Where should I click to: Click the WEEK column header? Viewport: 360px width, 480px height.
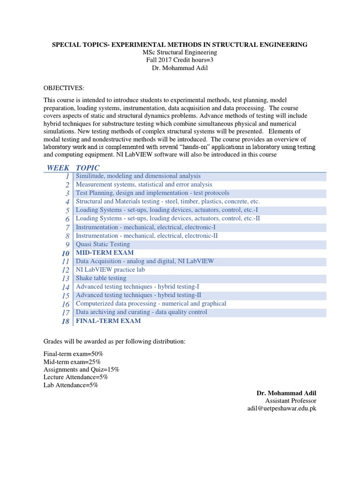(58, 168)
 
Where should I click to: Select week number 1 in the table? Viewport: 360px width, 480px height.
(67, 176)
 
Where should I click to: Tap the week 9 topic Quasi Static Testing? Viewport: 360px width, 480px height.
(103, 244)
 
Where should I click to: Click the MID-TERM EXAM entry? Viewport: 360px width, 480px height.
(105, 253)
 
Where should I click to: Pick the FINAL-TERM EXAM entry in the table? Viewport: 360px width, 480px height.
(108, 321)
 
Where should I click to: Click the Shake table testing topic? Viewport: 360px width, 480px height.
(101, 278)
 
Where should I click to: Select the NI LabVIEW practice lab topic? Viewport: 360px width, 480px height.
(110, 270)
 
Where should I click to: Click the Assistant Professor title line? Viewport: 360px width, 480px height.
(291, 400)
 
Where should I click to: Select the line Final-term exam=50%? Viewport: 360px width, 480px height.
(73, 353)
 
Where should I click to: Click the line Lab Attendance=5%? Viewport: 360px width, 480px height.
(71, 385)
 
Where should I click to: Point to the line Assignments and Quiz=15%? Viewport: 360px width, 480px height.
(81, 369)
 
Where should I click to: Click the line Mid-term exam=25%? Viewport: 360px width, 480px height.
(72, 361)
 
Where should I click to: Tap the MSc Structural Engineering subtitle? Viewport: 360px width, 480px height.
(180, 52)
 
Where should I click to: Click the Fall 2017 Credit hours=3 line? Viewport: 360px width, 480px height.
(180, 60)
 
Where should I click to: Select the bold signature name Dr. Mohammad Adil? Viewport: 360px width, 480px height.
(286, 392)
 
